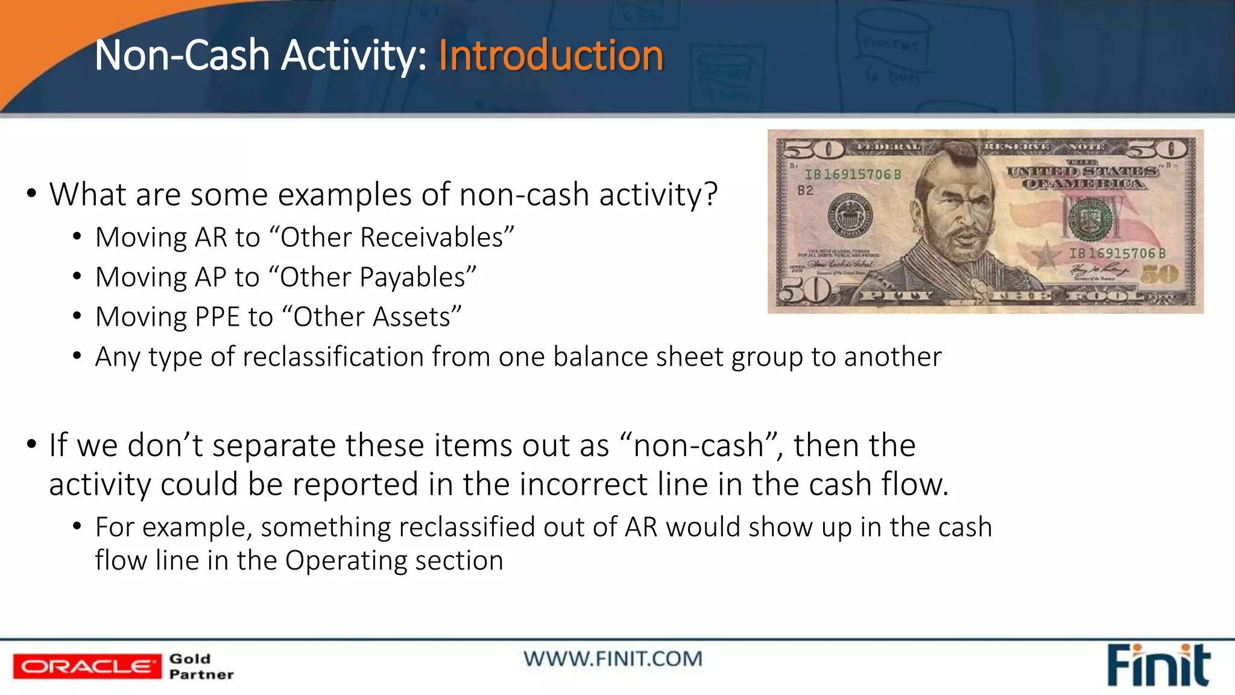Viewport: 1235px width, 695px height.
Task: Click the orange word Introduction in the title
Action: (x=551, y=56)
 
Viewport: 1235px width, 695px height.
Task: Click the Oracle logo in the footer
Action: (x=87, y=666)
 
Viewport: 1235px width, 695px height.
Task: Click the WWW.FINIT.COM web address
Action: (x=613, y=658)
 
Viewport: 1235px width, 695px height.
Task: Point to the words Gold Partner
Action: (x=201, y=666)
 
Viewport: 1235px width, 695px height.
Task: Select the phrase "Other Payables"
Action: (x=377, y=277)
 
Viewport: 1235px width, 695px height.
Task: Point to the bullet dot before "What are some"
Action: (x=31, y=194)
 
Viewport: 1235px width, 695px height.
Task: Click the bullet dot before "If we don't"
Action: (x=31, y=445)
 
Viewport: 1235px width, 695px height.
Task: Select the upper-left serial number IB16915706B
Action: (x=853, y=174)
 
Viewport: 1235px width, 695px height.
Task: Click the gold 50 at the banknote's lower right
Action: (x=1159, y=275)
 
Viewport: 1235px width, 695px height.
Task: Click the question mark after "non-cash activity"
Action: (x=710, y=194)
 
